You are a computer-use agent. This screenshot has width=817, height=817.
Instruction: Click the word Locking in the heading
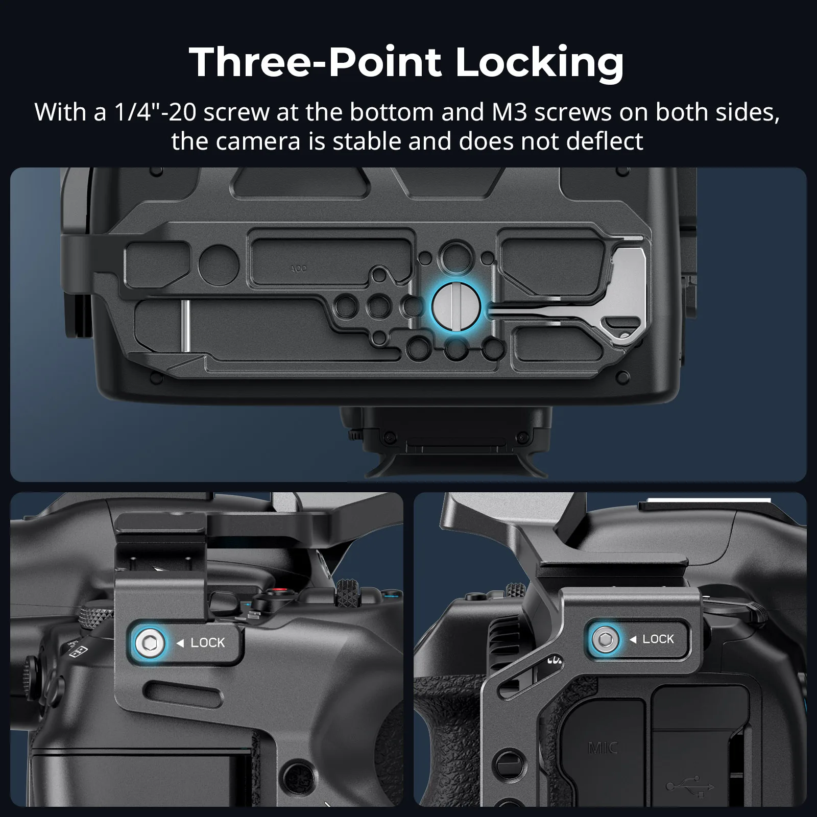(539, 64)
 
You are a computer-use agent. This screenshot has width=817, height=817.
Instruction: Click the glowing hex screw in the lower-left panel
(149, 642)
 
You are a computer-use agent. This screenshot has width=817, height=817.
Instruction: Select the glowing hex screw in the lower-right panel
(605, 639)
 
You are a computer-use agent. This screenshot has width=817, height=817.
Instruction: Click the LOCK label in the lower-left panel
(208, 642)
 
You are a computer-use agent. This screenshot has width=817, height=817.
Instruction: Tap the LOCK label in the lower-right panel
(658, 639)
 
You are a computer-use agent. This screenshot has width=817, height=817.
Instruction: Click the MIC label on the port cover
(603, 749)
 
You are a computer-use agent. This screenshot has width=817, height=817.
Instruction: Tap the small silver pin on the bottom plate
(186, 326)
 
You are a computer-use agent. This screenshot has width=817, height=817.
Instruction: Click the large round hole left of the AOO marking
(219, 265)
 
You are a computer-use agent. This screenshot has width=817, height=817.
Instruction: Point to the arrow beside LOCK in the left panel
(180, 643)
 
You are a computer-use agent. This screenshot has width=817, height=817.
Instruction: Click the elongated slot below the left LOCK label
(174, 687)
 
